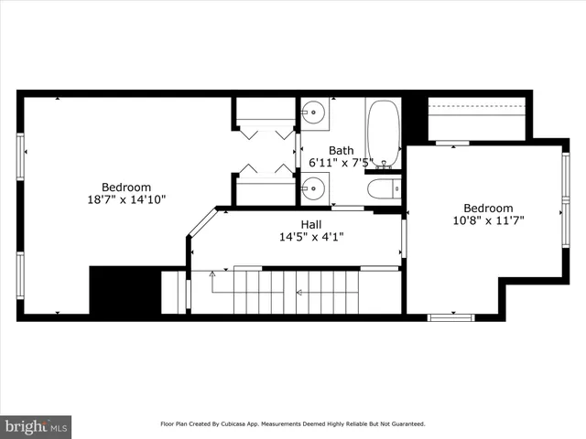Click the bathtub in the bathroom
point(383,134)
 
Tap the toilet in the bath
point(384,189)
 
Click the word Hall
point(311,223)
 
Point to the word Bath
point(342,151)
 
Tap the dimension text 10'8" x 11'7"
point(487,220)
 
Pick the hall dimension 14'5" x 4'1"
point(311,236)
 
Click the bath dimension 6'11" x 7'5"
point(342,163)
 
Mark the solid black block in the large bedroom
point(125,290)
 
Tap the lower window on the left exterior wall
point(20,274)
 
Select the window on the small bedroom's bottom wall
point(451,317)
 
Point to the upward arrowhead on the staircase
point(212,273)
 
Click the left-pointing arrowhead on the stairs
point(298,294)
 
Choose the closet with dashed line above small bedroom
point(476,119)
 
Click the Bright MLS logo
point(37,426)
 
